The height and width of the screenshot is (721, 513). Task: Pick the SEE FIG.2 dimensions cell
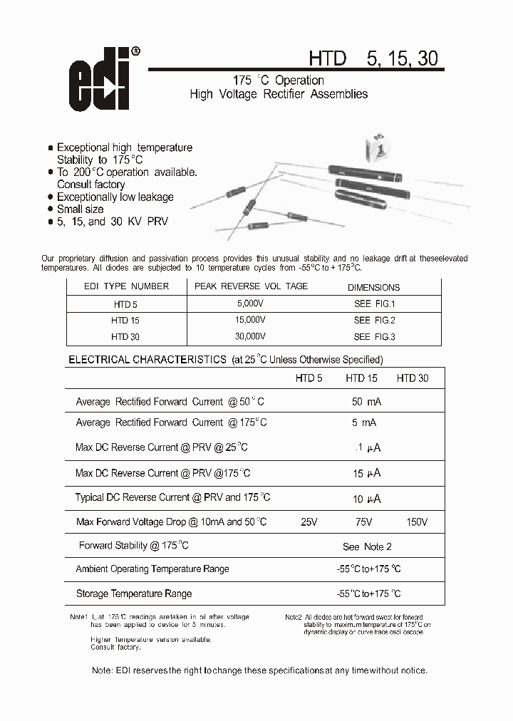pos(374,321)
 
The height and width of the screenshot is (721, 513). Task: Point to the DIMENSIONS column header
pos(373,288)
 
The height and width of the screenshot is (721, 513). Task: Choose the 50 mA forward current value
pos(366,402)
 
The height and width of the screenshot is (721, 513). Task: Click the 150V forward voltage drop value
pos(417,522)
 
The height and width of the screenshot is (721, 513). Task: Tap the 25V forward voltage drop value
pos(309,522)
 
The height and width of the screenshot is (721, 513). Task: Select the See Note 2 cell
pos(367,546)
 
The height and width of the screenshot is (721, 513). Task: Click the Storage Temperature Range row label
pos(134,593)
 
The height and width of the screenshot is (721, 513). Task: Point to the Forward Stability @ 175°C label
pos(134,546)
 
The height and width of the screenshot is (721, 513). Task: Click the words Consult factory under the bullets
pos(90,185)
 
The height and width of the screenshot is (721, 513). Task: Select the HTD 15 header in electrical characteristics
pos(361,378)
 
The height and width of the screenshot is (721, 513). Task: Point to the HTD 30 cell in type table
pos(125,337)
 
